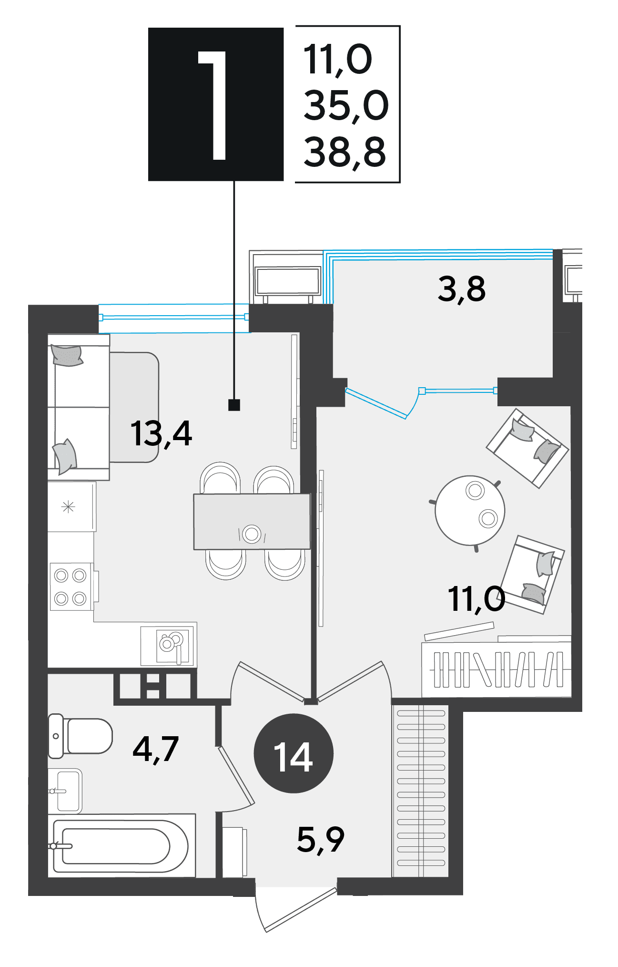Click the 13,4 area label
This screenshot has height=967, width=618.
click(x=161, y=434)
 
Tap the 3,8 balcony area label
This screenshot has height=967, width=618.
click(x=461, y=289)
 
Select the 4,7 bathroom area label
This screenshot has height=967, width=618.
click(x=156, y=749)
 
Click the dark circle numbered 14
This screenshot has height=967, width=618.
click(x=294, y=753)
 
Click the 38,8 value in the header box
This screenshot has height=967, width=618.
click(x=344, y=152)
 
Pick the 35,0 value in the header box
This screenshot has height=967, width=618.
click(x=346, y=106)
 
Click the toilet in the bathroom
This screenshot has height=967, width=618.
click(x=80, y=736)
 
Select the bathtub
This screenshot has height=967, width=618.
click(x=122, y=845)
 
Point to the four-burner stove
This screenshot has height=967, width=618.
click(x=71, y=587)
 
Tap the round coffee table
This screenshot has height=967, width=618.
click(x=470, y=510)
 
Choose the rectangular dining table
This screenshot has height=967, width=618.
click(x=252, y=522)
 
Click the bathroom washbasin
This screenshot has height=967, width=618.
click(x=65, y=791)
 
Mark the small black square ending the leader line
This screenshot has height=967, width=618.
click(x=234, y=405)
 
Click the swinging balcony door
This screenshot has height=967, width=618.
click(x=376, y=403)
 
